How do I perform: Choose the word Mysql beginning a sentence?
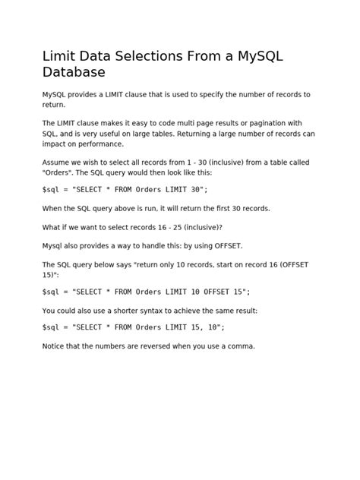point(55,246)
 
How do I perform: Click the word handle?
point(160,246)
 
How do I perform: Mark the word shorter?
point(121,310)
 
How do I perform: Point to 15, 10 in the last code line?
point(203,327)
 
